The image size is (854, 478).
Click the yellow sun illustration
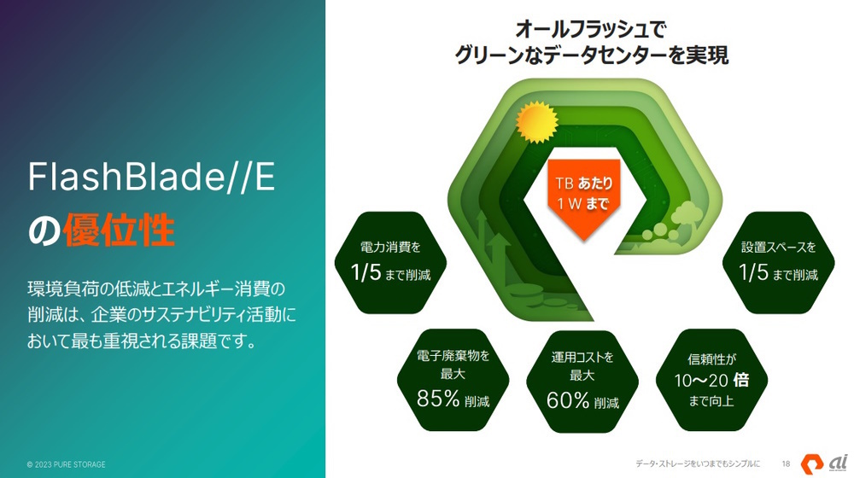(x=536, y=121)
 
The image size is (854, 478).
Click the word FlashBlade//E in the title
(x=151, y=177)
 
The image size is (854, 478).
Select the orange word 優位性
(x=119, y=230)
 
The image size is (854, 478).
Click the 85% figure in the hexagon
(x=438, y=399)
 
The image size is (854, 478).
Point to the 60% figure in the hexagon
(x=568, y=400)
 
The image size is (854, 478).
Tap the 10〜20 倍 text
(x=711, y=380)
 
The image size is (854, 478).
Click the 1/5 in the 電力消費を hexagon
(x=366, y=272)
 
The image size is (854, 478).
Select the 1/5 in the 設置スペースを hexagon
(x=753, y=272)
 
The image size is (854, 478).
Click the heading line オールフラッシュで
(x=591, y=29)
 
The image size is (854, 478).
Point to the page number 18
(x=786, y=463)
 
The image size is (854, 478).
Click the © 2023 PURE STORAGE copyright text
(x=67, y=464)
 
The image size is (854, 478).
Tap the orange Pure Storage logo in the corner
(x=812, y=463)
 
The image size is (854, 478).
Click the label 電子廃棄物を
(x=453, y=356)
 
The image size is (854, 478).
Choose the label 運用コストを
(x=582, y=357)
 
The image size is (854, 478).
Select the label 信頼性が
(x=712, y=358)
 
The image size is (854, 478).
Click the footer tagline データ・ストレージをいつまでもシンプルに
(x=698, y=463)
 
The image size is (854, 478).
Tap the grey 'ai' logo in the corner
(x=839, y=463)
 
